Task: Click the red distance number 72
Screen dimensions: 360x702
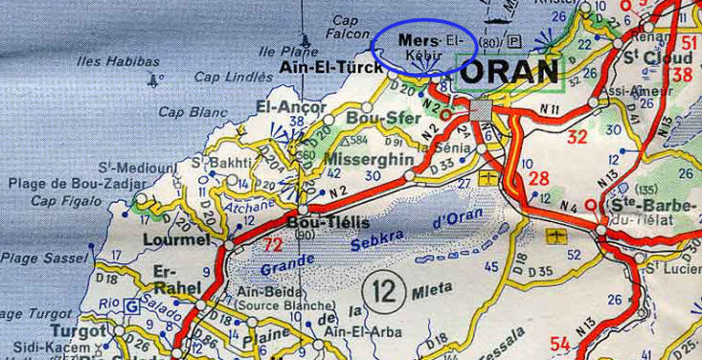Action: pyautogui.click(x=272, y=244)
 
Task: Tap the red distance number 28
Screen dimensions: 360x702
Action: pyautogui.click(x=539, y=178)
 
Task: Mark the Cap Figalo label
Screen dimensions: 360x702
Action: pyautogui.click(x=66, y=200)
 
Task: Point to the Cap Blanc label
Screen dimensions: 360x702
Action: pyautogui.click(x=187, y=111)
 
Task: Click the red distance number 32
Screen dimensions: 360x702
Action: pyautogui.click(x=577, y=136)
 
